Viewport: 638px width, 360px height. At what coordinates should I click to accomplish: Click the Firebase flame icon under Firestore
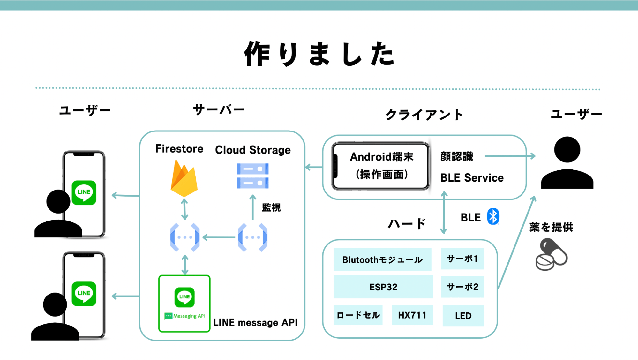tap(184, 179)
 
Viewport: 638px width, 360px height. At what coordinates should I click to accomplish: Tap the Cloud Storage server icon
tap(253, 176)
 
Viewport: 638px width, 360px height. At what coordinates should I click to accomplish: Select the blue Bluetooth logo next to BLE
tap(493, 217)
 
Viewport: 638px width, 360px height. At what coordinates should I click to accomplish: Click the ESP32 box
tap(383, 287)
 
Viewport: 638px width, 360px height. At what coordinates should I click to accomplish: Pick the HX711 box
tap(412, 315)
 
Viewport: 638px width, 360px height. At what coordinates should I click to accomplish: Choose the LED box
tap(463, 316)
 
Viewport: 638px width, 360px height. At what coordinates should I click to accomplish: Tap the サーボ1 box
tap(462, 259)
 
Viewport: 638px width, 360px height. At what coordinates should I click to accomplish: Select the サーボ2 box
tap(462, 287)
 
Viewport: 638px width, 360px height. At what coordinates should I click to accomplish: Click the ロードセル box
tap(358, 315)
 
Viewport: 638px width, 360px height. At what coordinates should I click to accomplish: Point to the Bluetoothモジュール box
tap(382, 259)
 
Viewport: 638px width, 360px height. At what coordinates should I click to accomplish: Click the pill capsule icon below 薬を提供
tap(551, 255)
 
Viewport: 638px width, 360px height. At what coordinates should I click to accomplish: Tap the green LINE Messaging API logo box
tap(184, 304)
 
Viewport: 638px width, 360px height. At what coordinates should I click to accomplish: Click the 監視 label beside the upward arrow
tap(271, 208)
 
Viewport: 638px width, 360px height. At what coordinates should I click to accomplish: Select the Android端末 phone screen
tap(381, 166)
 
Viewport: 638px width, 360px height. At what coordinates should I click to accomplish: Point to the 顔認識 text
tap(457, 156)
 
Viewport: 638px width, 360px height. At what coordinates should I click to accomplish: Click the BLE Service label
tap(472, 178)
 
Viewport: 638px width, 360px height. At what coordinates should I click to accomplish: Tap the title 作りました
tap(319, 54)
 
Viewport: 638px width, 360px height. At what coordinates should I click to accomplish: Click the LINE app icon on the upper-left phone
tap(84, 192)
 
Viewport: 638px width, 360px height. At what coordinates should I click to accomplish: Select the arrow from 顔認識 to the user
tap(510, 156)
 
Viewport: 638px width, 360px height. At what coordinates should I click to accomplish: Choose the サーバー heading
tap(219, 110)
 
